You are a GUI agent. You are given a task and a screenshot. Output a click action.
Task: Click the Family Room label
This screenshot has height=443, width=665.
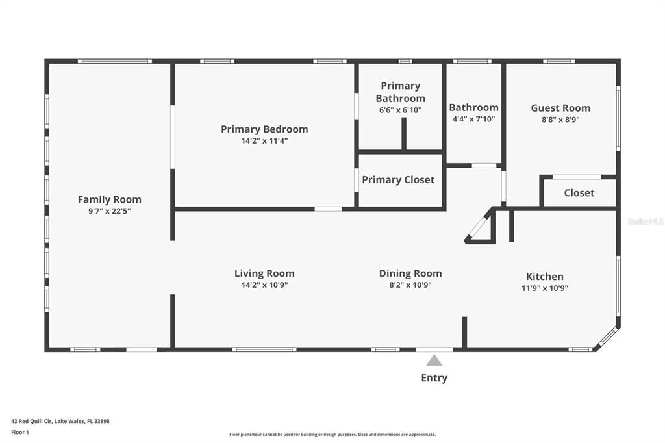tap(109, 199)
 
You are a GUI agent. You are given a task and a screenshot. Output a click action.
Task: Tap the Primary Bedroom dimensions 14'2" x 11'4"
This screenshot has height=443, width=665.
tap(265, 141)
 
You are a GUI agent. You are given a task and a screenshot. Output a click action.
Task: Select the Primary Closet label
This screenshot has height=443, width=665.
tap(398, 180)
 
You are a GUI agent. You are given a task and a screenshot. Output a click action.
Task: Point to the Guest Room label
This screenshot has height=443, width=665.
tap(560, 108)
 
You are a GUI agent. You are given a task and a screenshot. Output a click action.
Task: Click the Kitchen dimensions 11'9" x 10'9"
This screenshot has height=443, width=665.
tap(545, 288)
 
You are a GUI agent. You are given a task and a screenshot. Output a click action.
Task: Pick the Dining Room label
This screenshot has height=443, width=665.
tap(410, 273)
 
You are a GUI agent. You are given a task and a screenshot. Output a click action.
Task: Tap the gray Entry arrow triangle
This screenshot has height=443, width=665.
tap(434, 361)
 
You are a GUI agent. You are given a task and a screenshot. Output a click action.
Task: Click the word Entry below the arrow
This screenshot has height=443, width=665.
tap(434, 378)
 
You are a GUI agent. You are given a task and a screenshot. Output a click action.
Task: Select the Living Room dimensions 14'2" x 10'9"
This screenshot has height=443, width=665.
tap(265, 285)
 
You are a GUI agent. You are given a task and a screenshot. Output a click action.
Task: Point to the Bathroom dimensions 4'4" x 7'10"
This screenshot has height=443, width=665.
tap(473, 120)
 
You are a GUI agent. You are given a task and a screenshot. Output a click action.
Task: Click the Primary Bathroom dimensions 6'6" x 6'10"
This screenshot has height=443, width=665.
tap(400, 110)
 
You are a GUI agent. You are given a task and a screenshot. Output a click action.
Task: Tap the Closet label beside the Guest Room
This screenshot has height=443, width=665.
tap(579, 193)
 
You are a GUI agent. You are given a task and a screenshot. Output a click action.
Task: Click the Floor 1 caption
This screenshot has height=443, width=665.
tap(20, 433)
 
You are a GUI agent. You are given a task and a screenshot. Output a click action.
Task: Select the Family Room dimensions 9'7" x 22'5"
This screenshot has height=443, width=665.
tap(109, 211)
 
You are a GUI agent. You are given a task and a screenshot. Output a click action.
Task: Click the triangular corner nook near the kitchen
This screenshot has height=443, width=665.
tap(481, 228)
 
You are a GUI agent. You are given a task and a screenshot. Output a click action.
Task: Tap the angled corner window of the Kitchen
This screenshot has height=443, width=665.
tap(607, 337)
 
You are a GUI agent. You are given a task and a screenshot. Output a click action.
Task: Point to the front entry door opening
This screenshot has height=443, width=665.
tap(434, 349)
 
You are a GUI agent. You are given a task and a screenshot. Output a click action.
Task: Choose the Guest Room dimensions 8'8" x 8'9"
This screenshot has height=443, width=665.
tap(560, 120)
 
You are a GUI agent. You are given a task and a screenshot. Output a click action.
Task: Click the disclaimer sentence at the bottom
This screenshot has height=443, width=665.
tap(332, 435)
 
